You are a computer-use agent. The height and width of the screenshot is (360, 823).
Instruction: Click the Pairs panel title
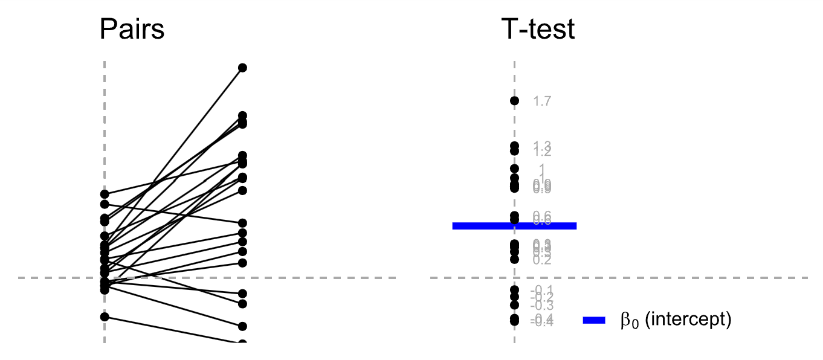(x=132, y=29)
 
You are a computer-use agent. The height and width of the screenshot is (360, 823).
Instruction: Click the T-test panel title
(x=538, y=29)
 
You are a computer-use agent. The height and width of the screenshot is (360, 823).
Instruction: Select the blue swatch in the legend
(x=594, y=321)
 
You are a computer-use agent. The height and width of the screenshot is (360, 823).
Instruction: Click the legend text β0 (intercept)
(x=676, y=320)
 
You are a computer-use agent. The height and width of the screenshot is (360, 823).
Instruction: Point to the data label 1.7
(x=542, y=101)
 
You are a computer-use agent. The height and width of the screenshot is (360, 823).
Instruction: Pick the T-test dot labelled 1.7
(x=514, y=101)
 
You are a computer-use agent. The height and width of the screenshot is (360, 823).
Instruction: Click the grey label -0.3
(x=541, y=306)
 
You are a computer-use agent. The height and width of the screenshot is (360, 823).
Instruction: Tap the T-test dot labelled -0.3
(x=514, y=305)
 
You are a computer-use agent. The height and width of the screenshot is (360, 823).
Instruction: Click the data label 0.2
(x=542, y=260)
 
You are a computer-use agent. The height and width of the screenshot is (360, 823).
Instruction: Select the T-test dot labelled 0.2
(x=514, y=259)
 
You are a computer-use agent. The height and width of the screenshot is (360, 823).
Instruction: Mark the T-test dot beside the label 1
(x=514, y=169)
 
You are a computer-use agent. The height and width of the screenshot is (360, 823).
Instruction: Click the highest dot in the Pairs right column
(x=242, y=68)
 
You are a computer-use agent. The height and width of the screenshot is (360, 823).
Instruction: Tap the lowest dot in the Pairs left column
(x=105, y=317)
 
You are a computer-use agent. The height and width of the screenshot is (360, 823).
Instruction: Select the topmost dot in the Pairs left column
(x=105, y=194)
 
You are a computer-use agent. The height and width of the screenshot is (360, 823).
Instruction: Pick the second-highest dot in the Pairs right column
(x=242, y=115)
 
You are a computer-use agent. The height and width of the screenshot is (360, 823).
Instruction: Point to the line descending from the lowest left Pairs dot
(x=175, y=330)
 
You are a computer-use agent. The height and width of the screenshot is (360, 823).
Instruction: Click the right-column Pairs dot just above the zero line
(x=242, y=263)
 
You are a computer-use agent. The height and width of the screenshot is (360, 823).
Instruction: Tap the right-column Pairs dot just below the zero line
(x=242, y=294)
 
